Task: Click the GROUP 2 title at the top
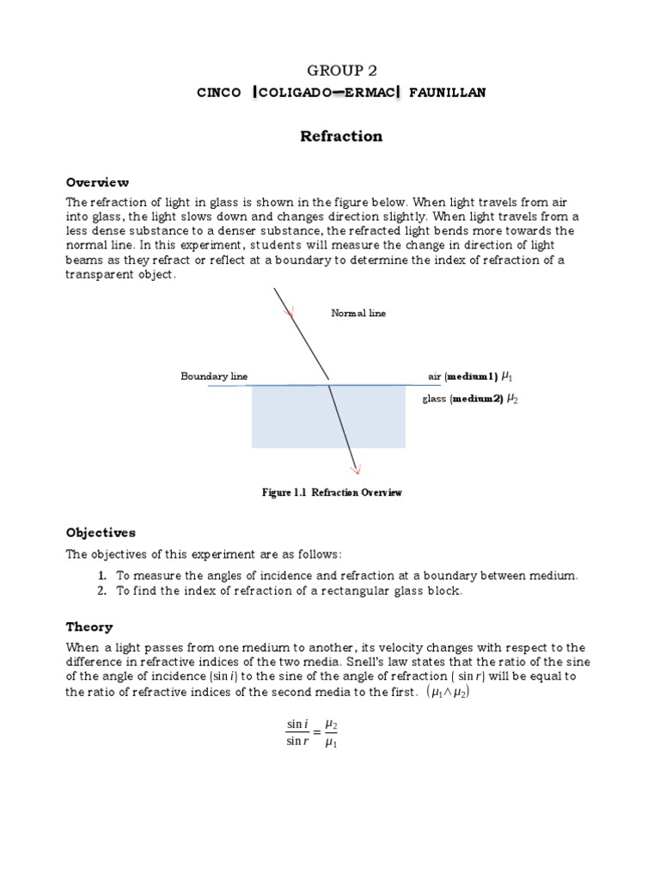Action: tap(341, 70)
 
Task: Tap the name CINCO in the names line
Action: tap(219, 93)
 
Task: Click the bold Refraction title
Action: tap(340, 137)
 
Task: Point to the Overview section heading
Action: tap(98, 182)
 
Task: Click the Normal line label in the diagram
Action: tap(358, 314)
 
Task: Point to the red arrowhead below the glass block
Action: tap(355, 467)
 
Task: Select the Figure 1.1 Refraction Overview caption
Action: tap(332, 492)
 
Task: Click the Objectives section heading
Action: tap(101, 533)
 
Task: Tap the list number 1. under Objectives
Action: tap(101, 575)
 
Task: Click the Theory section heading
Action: tap(89, 627)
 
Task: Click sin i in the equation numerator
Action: tap(296, 725)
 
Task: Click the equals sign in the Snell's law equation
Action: tap(315, 734)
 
